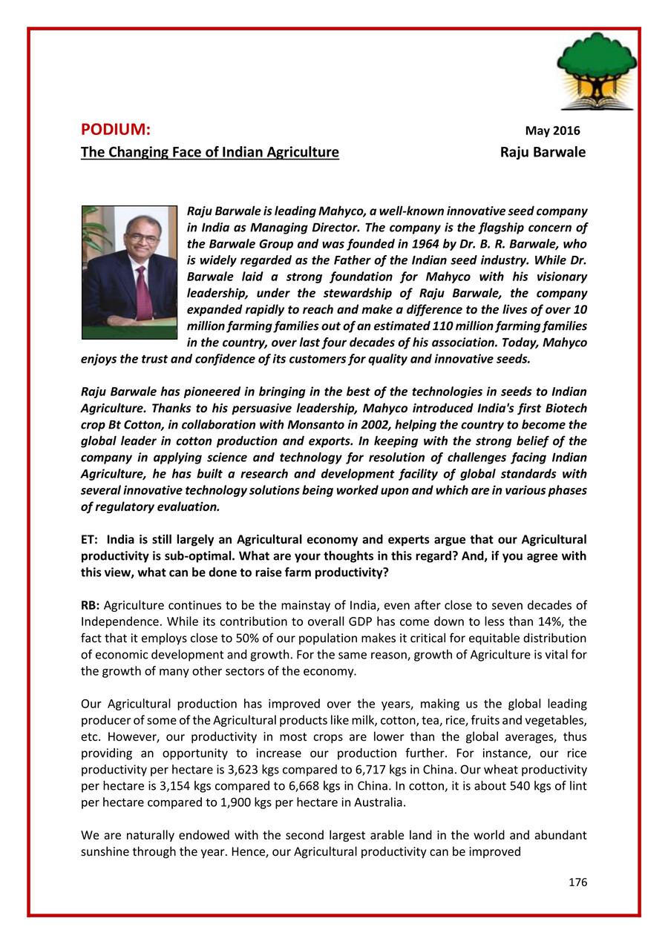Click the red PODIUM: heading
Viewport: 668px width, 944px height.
(x=116, y=130)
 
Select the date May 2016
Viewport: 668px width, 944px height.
(x=552, y=131)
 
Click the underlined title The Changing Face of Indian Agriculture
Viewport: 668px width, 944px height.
(x=210, y=153)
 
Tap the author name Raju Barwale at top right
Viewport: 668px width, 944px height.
(x=543, y=153)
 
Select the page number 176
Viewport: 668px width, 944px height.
(x=577, y=882)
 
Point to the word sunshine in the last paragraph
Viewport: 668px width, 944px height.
(x=105, y=851)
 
